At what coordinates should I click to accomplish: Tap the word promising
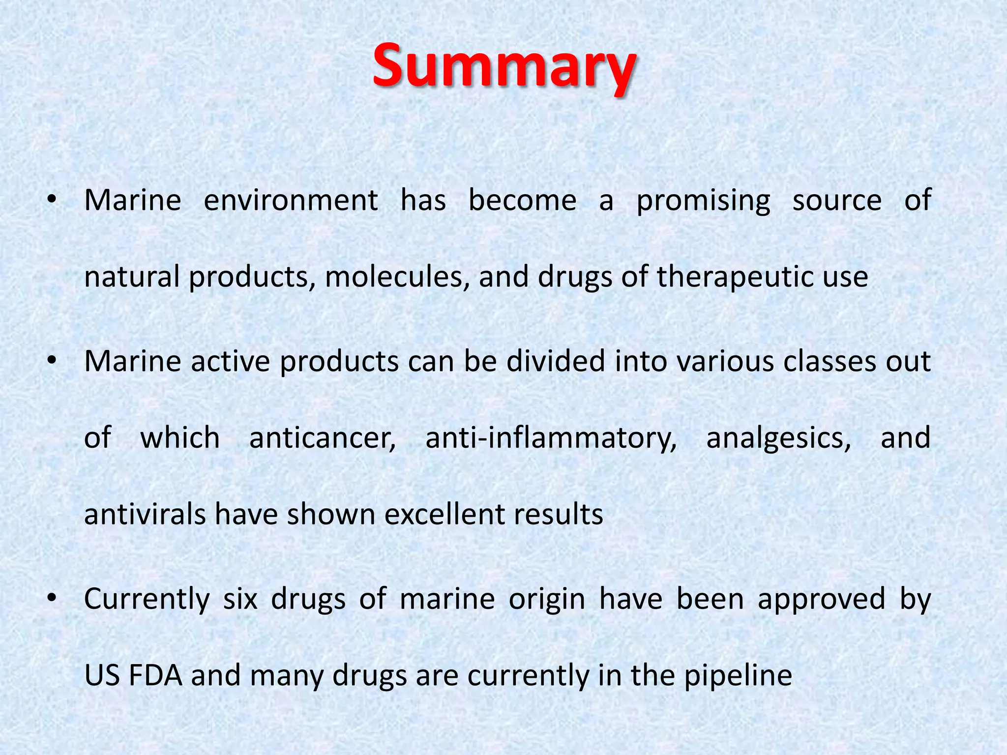pyautogui.click(x=703, y=201)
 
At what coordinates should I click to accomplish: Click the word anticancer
pyautogui.click(x=322, y=438)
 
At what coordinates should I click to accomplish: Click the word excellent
pyautogui.click(x=444, y=515)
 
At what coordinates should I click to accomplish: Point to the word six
pyautogui.click(x=240, y=599)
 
